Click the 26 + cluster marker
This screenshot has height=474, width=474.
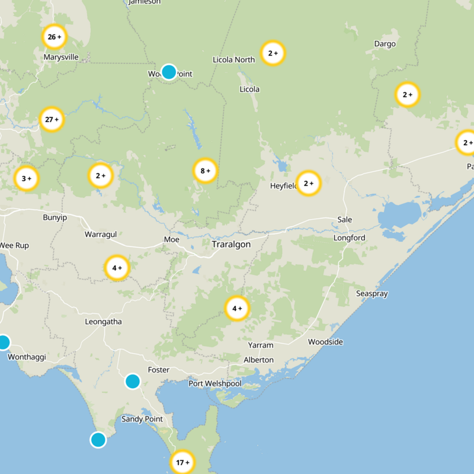click(x=54, y=37)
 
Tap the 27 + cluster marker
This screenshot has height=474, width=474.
click(x=52, y=120)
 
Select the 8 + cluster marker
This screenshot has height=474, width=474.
click(x=205, y=171)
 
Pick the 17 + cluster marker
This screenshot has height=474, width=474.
click(x=182, y=462)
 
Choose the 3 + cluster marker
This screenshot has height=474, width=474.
click(x=26, y=178)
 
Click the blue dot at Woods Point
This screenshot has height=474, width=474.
click(x=169, y=72)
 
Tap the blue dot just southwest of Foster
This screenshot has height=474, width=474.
click(x=133, y=381)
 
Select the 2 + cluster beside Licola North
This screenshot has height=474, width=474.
click(x=273, y=53)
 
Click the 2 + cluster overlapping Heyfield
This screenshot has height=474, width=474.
click(x=308, y=184)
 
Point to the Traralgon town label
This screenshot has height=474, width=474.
click(x=231, y=244)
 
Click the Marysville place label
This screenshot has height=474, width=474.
click(x=61, y=57)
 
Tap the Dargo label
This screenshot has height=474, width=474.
click(x=385, y=44)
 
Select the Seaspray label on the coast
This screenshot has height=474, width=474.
click(x=370, y=294)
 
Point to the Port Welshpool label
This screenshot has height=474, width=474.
click(x=215, y=383)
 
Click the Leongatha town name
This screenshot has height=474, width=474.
click(x=104, y=322)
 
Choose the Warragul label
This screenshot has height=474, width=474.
click(x=101, y=234)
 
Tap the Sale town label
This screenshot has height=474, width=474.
click(x=344, y=220)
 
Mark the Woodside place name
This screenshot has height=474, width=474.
click(x=325, y=342)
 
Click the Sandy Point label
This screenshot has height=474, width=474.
click(x=142, y=419)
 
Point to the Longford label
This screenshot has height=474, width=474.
click(x=350, y=238)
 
